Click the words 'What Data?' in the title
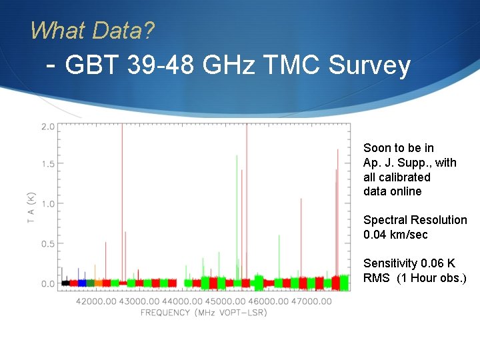[x=92, y=30]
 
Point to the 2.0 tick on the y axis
[x=48, y=126]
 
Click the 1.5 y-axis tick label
[x=48, y=164]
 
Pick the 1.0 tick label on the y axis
[x=48, y=204]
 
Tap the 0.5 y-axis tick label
[x=48, y=244]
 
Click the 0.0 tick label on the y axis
[x=48, y=284]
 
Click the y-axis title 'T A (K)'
[x=31, y=207]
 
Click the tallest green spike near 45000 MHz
[x=237, y=200]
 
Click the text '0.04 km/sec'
[x=395, y=235]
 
